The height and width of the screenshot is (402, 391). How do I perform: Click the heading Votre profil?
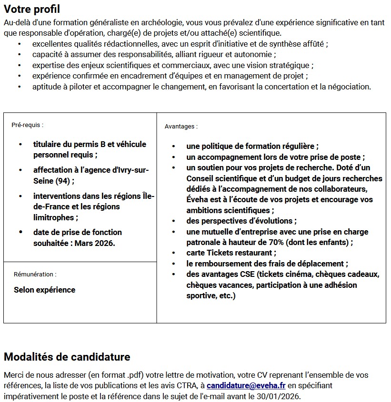pyautogui.click(x=31, y=9)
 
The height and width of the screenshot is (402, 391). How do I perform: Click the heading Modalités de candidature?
pyautogui.click(x=67, y=357)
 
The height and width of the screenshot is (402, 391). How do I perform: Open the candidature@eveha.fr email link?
pyautogui.click(x=246, y=385)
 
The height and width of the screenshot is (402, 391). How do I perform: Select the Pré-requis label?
pyautogui.click(x=28, y=125)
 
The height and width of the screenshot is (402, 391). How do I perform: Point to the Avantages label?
pyautogui.click(x=181, y=127)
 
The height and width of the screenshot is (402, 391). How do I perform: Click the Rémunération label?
pyautogui.click(x=35, y=275)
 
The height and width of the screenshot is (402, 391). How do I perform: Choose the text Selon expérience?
pyautogui.click(x=44, y=290)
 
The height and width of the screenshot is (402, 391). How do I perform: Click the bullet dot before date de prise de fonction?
pyautogui.click(x=20, y=232)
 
